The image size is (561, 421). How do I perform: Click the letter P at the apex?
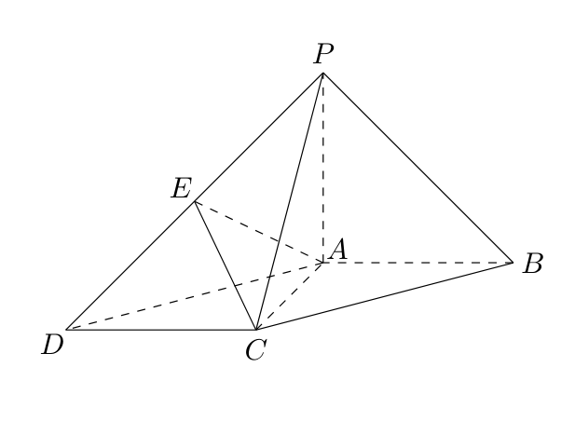tap(323, 54)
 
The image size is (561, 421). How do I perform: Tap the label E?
tap(182, 188)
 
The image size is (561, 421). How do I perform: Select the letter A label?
tap(337, 250)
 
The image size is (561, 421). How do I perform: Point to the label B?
tap(533, 264)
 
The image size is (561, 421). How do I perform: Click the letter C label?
tap(256, 349)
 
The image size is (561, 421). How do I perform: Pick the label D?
tap(52, 345)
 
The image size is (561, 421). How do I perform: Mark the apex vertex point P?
tap(323, 73)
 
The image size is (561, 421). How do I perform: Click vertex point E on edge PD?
tap(195, 202)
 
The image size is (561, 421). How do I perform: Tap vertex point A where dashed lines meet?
tap(323, 263)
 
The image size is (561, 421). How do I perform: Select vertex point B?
tap(513, 263)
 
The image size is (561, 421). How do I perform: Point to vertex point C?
tap(256, 329)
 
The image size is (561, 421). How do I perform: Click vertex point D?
tap(66, 329)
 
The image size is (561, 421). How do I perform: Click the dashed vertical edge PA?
tap(323, 168)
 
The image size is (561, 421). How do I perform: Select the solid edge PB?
tap(417, 168)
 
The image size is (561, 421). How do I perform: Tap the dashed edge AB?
tap(417, 263)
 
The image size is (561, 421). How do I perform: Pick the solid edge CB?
tap(385, 296)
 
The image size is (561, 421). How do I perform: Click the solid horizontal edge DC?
tap(161, 329)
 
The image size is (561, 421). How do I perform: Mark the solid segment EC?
tap(226, 265)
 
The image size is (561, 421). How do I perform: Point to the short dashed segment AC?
tap(290, 296)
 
